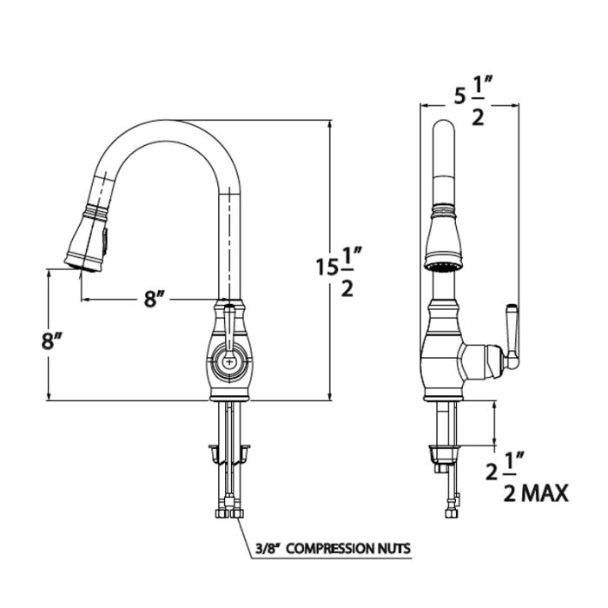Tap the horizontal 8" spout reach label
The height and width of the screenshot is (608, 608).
(155, 299)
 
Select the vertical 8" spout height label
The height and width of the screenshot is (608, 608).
(52, 340)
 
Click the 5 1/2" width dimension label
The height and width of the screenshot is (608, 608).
(473, 100)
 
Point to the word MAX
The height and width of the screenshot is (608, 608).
(545, 493)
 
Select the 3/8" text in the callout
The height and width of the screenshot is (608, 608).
(268, 549)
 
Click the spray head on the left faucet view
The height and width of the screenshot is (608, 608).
(87, 238)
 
